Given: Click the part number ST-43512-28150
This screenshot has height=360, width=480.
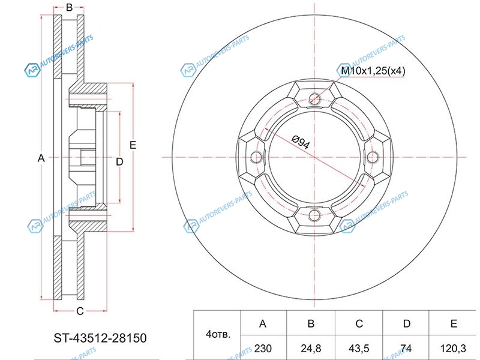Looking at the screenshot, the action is [100, 338].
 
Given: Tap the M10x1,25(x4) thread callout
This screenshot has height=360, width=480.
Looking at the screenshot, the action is [373, 71].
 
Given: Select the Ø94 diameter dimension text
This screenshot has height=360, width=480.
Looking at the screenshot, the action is [301, 142].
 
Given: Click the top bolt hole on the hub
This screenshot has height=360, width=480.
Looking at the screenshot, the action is [314, 98].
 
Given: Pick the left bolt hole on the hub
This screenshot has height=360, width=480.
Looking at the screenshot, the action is [256, 157].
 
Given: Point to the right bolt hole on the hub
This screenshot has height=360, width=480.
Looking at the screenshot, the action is [373, 157].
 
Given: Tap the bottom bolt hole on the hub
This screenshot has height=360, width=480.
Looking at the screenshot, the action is [314, 215].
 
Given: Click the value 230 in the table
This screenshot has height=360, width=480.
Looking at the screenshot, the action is [263, 349].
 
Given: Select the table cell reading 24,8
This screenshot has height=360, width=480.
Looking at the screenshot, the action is [311, 349].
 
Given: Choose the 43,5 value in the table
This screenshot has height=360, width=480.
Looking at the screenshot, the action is [359, 349].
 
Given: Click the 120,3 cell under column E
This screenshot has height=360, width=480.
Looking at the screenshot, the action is [453, 349].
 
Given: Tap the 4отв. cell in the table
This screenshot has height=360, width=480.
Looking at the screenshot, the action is [218, 334].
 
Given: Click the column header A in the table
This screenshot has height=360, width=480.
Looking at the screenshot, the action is [263, 323].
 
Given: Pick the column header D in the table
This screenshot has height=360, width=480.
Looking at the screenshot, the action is [407, 323].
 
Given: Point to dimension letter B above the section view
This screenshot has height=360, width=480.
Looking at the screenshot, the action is [69, 7].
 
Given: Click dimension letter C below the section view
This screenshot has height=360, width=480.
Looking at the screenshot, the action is [80, 311].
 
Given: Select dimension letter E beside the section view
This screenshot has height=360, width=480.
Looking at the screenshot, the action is [133, 145].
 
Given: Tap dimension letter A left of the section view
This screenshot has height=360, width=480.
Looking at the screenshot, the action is [41, 158].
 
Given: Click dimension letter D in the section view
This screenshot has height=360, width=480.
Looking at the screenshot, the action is [119, 161].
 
